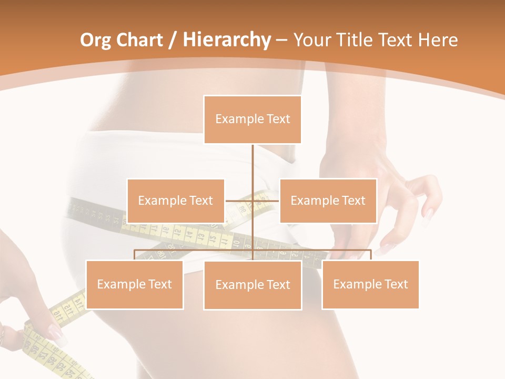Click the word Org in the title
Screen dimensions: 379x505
tap(94, 40)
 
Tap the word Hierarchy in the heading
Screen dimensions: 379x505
tap(226, 40)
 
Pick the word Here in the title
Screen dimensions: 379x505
tap(438, 40)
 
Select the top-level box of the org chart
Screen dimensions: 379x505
tap(252, 119)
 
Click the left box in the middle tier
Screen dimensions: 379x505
tap(176, 201)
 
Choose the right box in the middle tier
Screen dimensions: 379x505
tap(328, 201)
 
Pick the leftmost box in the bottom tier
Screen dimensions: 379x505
tap(134, 284)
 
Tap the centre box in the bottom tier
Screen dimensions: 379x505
tap(252, 285)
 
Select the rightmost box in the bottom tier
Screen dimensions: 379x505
tap(370, 284)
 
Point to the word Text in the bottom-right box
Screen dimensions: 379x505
tap(396, 284)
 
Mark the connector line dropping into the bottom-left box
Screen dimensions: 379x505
tap(134, 255)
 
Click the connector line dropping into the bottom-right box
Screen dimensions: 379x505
tap(370, 255)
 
